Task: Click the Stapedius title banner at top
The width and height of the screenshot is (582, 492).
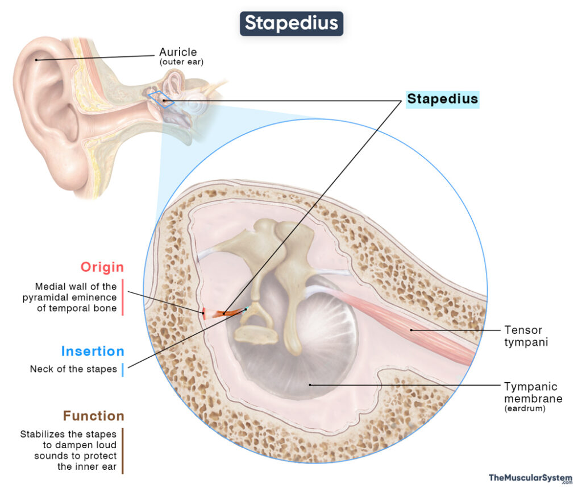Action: click(291, 23)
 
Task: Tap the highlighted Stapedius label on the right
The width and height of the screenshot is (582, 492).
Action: click(442, 99)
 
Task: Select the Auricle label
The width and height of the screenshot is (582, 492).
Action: click(178, 53)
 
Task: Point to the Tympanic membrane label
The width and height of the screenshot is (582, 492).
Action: click(533, 392)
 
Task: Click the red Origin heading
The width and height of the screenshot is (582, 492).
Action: click(102, 267)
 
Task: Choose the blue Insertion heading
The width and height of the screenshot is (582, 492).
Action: click(92, 351)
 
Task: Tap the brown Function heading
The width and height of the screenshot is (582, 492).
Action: click(93, 416)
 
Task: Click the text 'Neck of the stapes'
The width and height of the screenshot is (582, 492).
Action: click(73, 369)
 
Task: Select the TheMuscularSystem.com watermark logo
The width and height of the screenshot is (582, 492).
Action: click(530, 478)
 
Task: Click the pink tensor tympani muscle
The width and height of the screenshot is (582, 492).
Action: click(409, 327)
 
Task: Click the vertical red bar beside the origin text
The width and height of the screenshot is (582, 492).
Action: click(122, 297)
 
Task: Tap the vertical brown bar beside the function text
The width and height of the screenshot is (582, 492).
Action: click(122, 450)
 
